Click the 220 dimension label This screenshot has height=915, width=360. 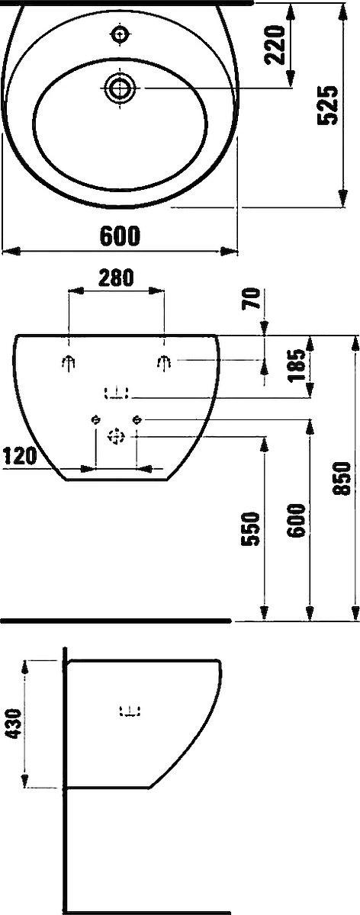pyautogui.click(x=275, y=45)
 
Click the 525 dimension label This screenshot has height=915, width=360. pyautogui.click(x=328, y=105)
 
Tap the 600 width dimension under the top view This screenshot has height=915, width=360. pyautogui.click(x=121, y=236)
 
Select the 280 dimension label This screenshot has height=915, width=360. pyautogui.click(x=116, y=278)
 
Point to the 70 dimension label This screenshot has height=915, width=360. pyautogui.click(x=251, y=299)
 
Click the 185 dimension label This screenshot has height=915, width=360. pyautogui.click(x=297, y=364)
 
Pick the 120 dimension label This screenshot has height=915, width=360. pyautogui.click(x=20, y=456)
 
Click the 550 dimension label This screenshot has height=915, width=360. pyautogui.click(x=251, y=528)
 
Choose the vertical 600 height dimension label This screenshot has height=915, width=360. pyautogui.click(x=296, y=520)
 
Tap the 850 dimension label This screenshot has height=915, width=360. pyautogui.click(x=342, y=478)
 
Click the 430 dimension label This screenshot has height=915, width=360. pyautogui.click(x=14, y=724)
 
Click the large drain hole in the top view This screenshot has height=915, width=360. pyautogui.click(x=120, y=87)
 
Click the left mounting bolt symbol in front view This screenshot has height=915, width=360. pyautogui.click(x=69, y=362)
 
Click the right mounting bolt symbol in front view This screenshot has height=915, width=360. pyautogui.click(x=164, y=362)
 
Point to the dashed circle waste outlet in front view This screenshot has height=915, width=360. pyautogui.click(x=116, y=436)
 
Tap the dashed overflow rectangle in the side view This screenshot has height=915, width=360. pyautogui.click(x=130, y=711)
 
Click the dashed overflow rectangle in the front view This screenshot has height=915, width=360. pyautogui.click(x=117, y=393)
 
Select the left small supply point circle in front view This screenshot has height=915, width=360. pyautogui.click(x=96, y=419)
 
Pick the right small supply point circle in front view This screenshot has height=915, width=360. pyautogui.click(x=137, y=419)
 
